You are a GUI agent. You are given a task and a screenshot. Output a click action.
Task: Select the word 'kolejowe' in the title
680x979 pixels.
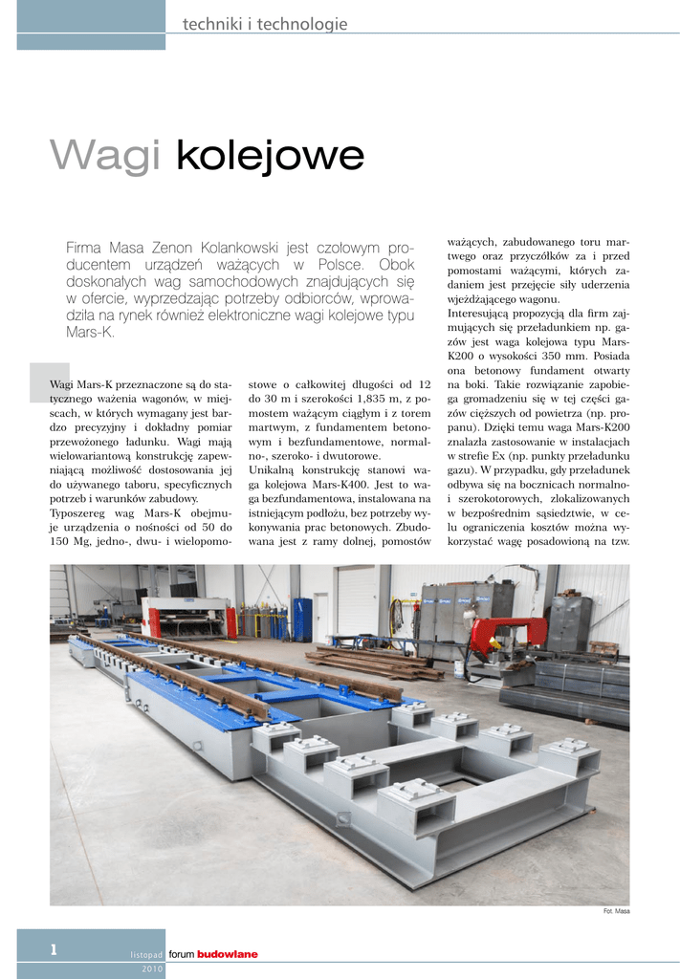pos(270,156)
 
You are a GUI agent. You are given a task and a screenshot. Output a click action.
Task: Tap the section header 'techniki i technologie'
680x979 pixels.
pos(257,24)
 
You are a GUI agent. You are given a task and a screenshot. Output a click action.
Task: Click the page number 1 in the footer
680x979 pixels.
pos(55,949)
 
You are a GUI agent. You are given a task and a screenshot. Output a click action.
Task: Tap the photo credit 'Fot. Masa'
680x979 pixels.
pos(616,911)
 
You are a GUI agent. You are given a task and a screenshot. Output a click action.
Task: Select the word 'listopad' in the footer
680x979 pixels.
pos(146,955)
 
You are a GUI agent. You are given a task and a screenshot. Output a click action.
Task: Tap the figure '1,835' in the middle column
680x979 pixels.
pos(364,398)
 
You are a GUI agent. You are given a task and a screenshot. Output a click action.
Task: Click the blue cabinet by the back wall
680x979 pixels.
pos(302,619)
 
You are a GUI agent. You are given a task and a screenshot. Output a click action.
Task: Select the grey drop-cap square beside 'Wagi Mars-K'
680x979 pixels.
pos(49,381)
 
